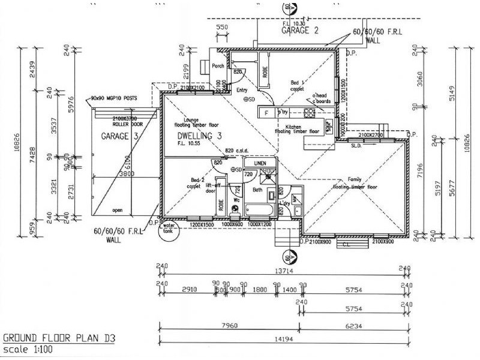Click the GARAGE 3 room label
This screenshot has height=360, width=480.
pos(119,136)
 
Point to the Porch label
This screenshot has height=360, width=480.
pos(218,67)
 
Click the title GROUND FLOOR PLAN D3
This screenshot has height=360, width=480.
pos(59,338)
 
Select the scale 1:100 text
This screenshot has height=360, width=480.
pos(27,350)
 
